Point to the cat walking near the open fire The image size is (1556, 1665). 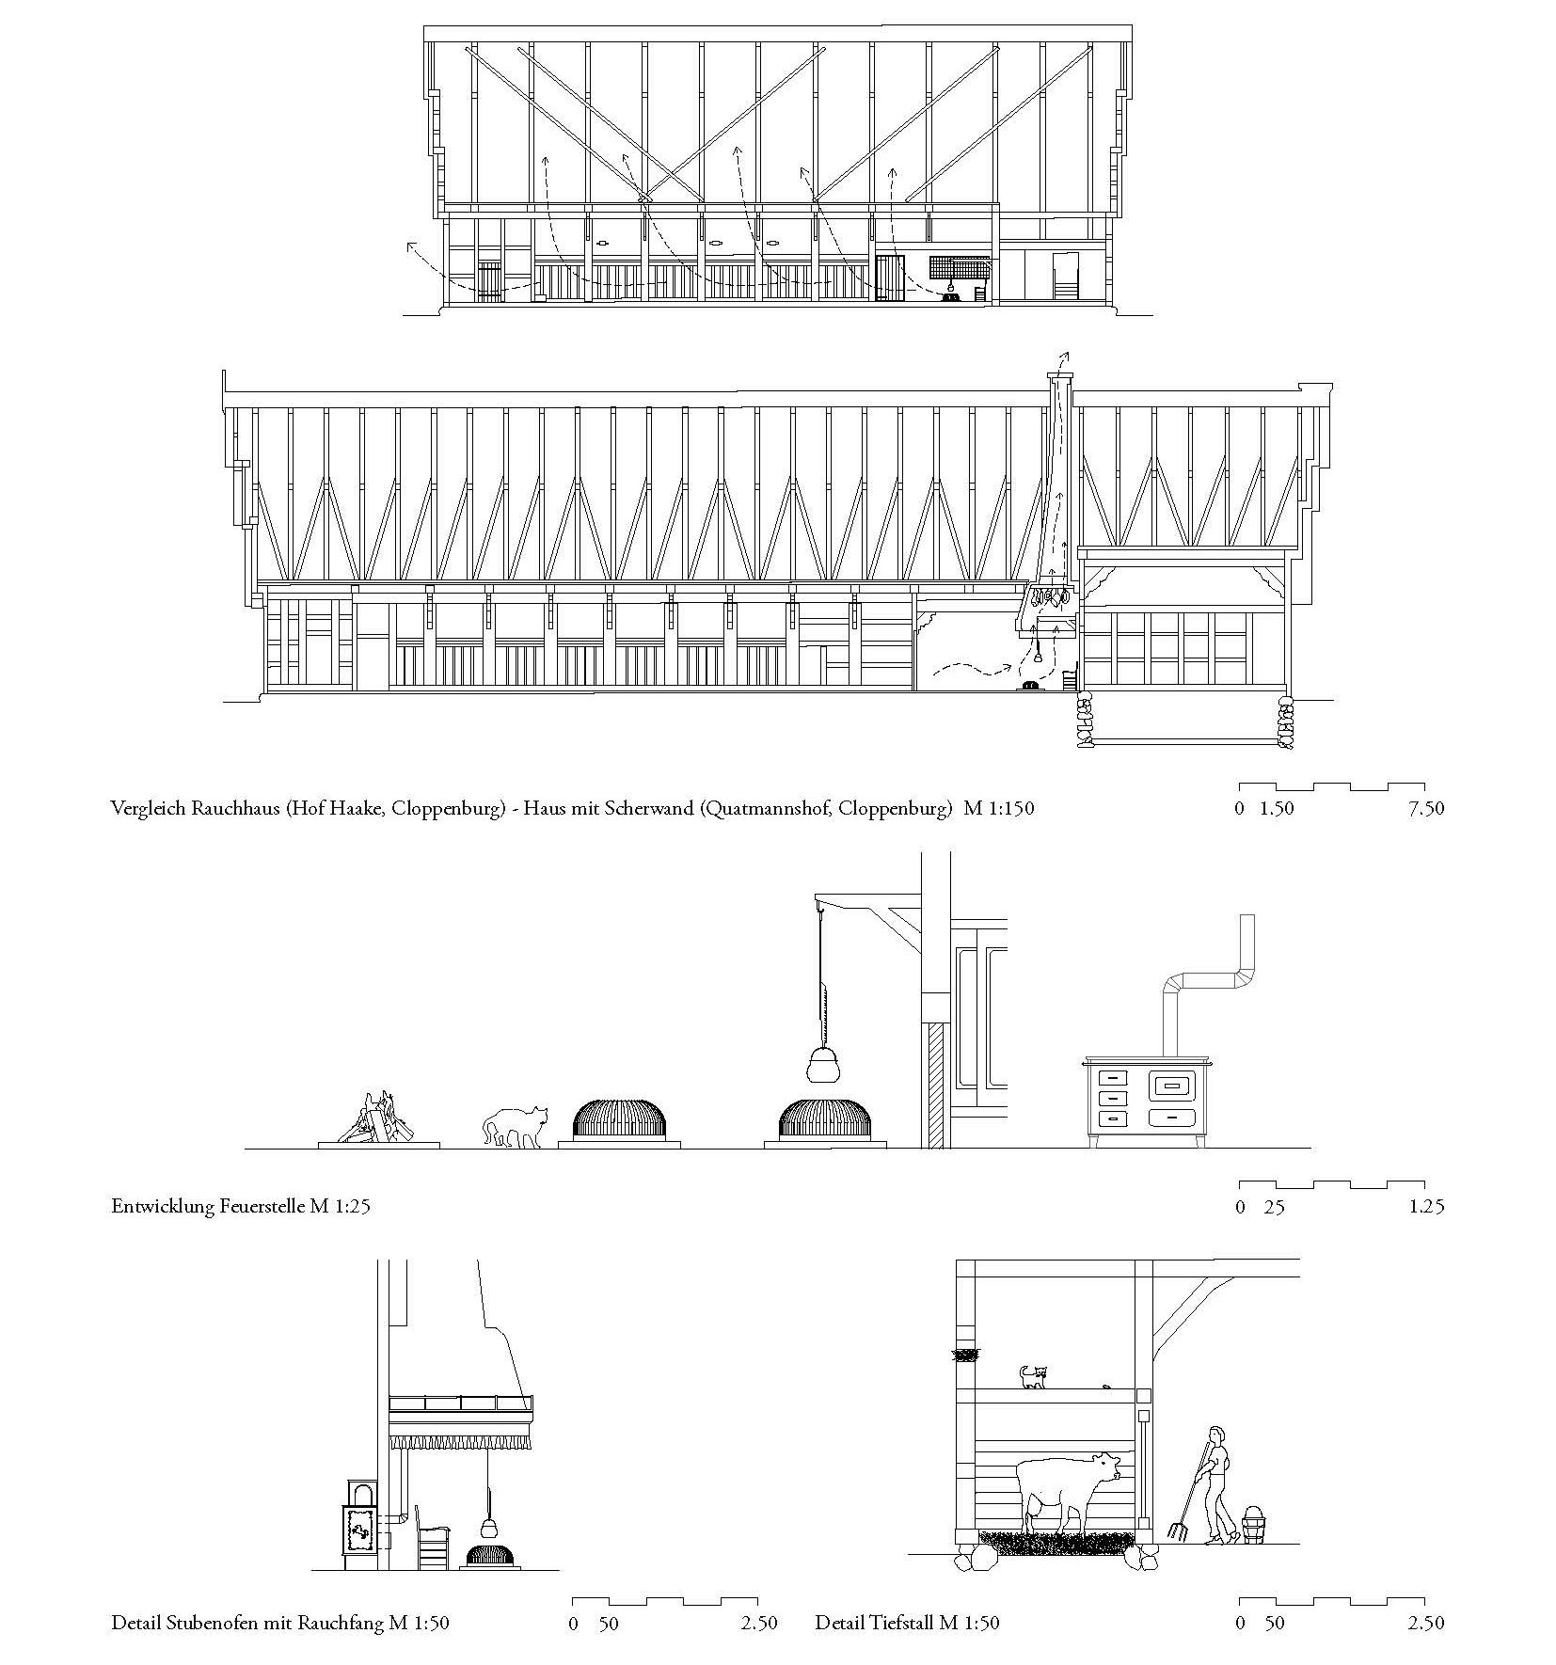click(x=515, y=1126)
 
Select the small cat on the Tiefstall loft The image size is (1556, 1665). click(x=1033, y=1378)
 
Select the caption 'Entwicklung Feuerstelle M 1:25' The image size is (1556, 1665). click(x=240, y=1206)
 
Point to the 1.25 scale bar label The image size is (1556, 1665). click(x=1426, y=1207)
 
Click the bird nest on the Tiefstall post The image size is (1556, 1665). click(x=965, y=1356)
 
